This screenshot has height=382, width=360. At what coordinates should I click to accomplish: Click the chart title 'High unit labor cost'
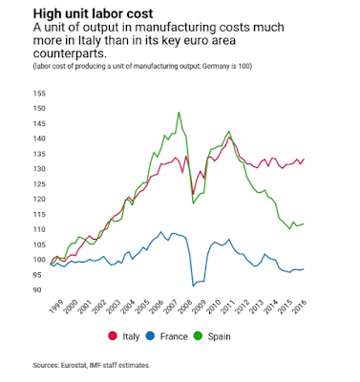[94, 14]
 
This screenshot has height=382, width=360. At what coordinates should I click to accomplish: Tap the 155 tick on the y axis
[39, 94]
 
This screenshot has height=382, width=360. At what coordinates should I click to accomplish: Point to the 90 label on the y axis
[36, 290]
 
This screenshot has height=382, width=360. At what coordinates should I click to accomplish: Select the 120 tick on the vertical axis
[39, 200]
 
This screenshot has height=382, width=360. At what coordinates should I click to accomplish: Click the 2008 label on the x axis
[184, 307]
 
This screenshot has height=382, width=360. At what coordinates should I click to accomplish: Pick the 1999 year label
[57, 307]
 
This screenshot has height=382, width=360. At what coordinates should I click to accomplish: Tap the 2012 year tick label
[242, 307]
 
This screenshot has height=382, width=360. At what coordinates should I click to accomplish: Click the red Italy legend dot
[113, 336]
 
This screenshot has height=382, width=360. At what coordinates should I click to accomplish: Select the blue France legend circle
[150, 336]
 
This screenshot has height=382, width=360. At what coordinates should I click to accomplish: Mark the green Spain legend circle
[198, 336]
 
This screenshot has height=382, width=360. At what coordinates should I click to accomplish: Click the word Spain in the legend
[220, 336]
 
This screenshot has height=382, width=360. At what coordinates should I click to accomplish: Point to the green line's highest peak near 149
[179, 112]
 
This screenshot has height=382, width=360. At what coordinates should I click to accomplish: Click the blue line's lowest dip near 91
[193, 286]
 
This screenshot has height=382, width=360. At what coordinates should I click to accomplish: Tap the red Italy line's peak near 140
[229, 138]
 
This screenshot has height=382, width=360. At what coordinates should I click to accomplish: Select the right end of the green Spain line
[304, 223]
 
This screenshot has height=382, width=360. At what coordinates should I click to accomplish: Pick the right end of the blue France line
[304, 269]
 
